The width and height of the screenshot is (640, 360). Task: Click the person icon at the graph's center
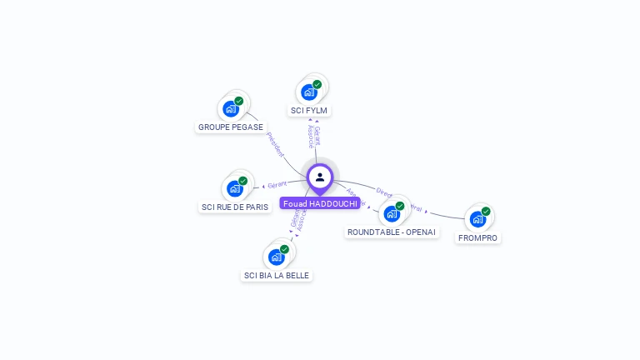point(320,177)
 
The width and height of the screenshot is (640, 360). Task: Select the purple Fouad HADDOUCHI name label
point(320,203)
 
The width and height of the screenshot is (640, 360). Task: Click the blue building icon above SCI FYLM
point(309,92)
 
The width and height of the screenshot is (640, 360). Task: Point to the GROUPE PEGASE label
point(231,127)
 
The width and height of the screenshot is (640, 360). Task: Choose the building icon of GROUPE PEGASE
point(231,108)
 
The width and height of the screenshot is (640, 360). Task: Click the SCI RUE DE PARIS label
point(235,207)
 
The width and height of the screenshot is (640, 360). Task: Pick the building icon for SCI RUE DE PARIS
point(235,188)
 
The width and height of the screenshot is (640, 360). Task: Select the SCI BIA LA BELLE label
point(277,275)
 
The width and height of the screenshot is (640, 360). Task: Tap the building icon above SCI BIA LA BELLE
point(277,257)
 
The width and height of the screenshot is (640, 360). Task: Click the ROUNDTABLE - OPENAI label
point(392,232)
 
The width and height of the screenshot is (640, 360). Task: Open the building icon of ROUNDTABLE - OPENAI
point(392,213)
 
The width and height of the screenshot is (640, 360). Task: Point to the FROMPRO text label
point(478,237)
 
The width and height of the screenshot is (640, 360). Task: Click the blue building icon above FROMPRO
point(477,219)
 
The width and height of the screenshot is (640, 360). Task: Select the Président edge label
point(276,144)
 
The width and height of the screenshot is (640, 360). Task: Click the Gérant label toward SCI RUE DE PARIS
point(277,184)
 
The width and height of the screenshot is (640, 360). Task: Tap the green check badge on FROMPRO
point(486,211)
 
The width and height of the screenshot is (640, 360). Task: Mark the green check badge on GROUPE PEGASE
point(239,101)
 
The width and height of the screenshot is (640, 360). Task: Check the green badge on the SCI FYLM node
point(317,84)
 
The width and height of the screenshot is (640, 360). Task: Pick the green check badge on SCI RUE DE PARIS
point(243,181)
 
